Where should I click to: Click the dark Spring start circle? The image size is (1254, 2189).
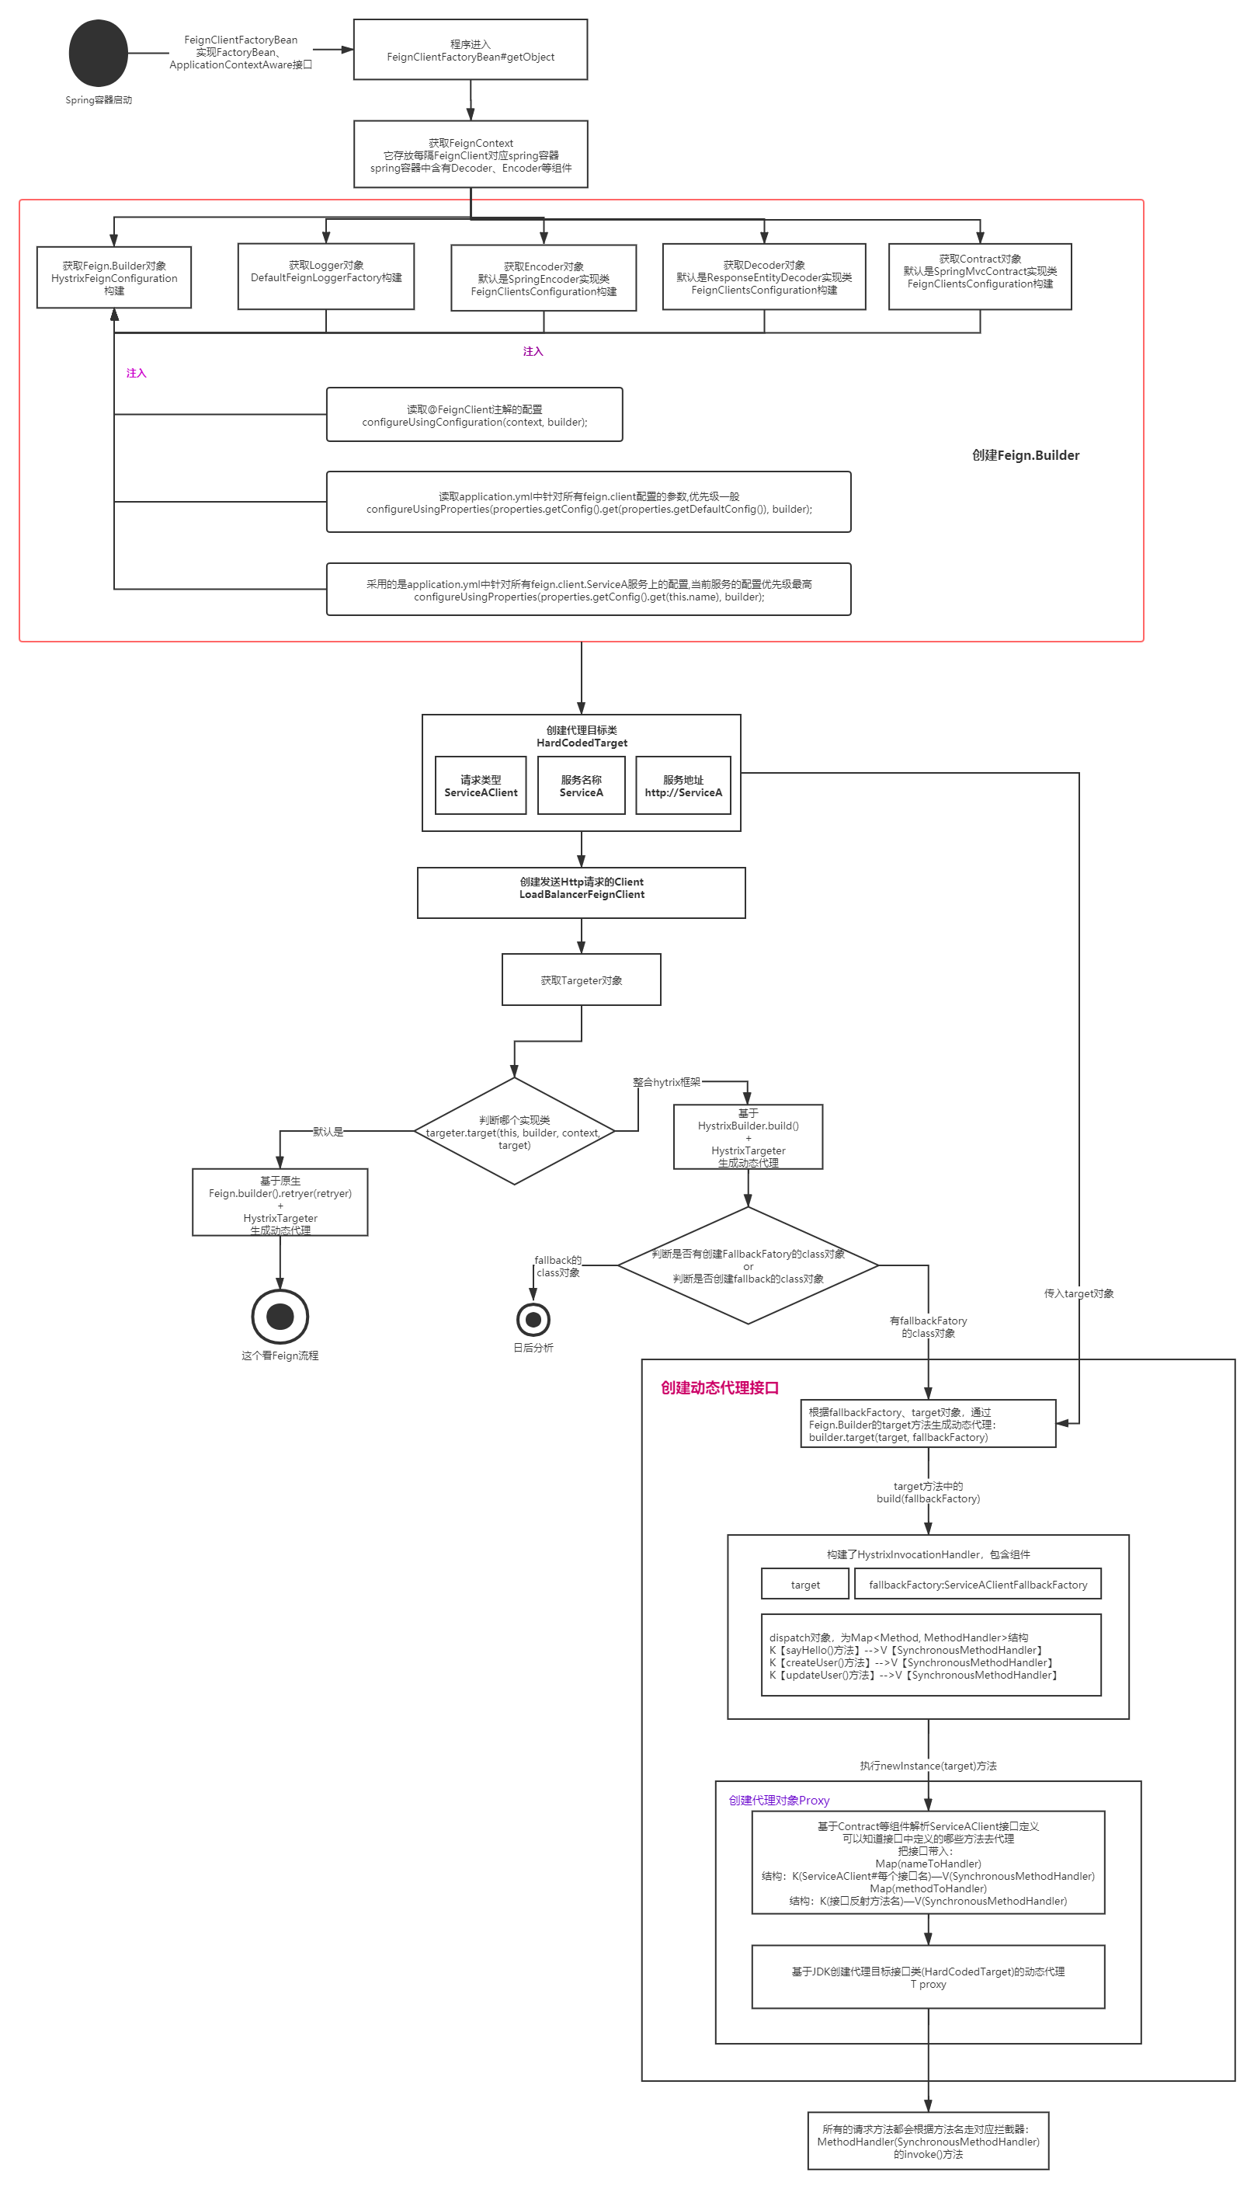click(x=98, y=54)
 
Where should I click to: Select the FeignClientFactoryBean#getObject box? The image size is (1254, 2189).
click(x=471, y=50)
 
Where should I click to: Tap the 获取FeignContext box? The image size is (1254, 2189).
click(x=471, y=155)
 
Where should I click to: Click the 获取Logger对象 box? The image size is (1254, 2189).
click(x=325, y=277)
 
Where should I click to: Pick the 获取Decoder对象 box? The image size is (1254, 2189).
click(x=764, y=277)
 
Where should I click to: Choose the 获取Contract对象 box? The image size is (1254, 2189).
click(x=979, y=277)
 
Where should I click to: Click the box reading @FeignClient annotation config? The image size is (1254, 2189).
click(x=474, y=416)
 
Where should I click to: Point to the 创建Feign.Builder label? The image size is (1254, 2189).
click(x=1025, y=456)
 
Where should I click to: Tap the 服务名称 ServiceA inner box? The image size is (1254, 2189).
click(x=582, y=785)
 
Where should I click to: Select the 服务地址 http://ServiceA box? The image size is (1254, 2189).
click(x=683, y=785)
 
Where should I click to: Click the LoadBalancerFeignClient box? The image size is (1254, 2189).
click(x=582, y=893)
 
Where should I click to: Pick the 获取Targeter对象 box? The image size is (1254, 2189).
click(x=582, y=980)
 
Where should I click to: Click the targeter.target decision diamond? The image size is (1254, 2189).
click(x=514, y=1132)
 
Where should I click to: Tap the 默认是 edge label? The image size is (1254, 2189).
click(x=328, y=1131)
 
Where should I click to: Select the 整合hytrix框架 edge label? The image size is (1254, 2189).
click(x=668, y=1082)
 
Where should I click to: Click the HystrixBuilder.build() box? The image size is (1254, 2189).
click(x=748, y=1137)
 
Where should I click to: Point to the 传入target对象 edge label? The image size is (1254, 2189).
click(x=1079, y=1293)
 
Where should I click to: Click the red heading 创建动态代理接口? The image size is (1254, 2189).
click(x=719, y=1388)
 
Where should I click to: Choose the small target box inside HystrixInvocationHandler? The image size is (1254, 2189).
click(x=805, y=1584)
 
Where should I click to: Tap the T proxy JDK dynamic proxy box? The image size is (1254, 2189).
click(x=928, y=1977)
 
